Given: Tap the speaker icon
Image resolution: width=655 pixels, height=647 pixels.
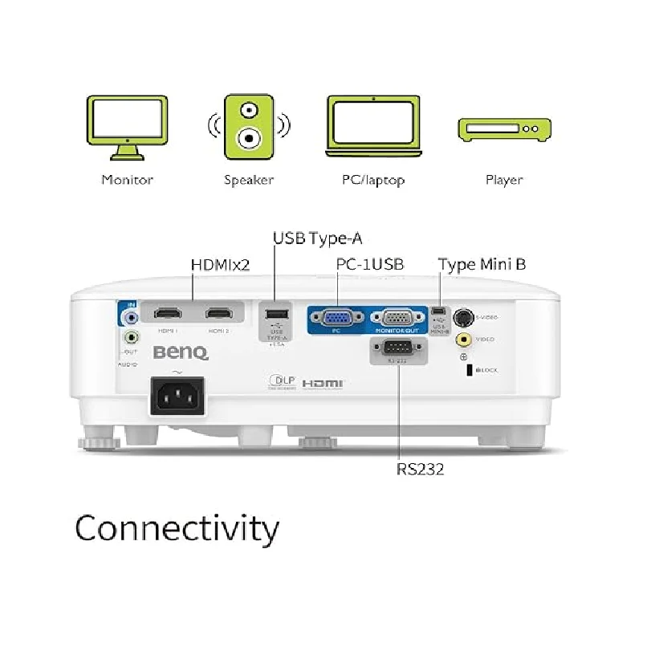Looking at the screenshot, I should point(249,128).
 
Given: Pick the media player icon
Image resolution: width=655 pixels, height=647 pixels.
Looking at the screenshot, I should point(504,128).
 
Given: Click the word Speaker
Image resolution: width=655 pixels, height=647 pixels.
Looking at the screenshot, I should point(249,180).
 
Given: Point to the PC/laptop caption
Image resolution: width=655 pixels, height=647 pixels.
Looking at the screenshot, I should point(372,180).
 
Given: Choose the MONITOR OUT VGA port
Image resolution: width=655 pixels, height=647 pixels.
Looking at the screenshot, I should point(398,317).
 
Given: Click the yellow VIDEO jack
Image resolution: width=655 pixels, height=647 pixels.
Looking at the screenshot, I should point(463,340).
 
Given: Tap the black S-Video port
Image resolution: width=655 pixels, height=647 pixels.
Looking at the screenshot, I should point(463,317).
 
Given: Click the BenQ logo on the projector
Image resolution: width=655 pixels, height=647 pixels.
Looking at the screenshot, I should point(181,352).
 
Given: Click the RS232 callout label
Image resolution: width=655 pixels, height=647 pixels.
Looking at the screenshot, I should point(420,469).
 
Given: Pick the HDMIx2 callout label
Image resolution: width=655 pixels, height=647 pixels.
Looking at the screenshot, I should point(220,265).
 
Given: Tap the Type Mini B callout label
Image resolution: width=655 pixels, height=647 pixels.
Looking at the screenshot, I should point(482,264).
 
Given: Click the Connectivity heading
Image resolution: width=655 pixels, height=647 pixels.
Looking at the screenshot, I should point(177,529).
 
